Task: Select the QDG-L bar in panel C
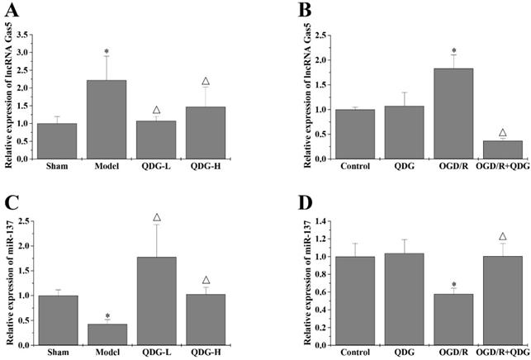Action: (x=158, y=301)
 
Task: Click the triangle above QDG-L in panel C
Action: (x=157, y=218)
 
